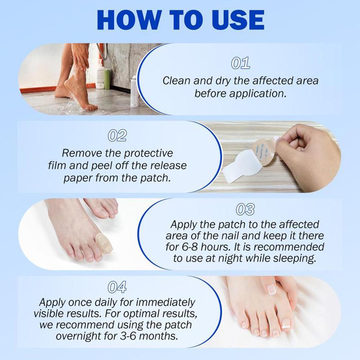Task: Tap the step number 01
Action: (x=240, y=63)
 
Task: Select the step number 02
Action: (x=117, y=136)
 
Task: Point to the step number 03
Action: (x=245, y=209)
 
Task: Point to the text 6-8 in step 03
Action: (x=196, y=247)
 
